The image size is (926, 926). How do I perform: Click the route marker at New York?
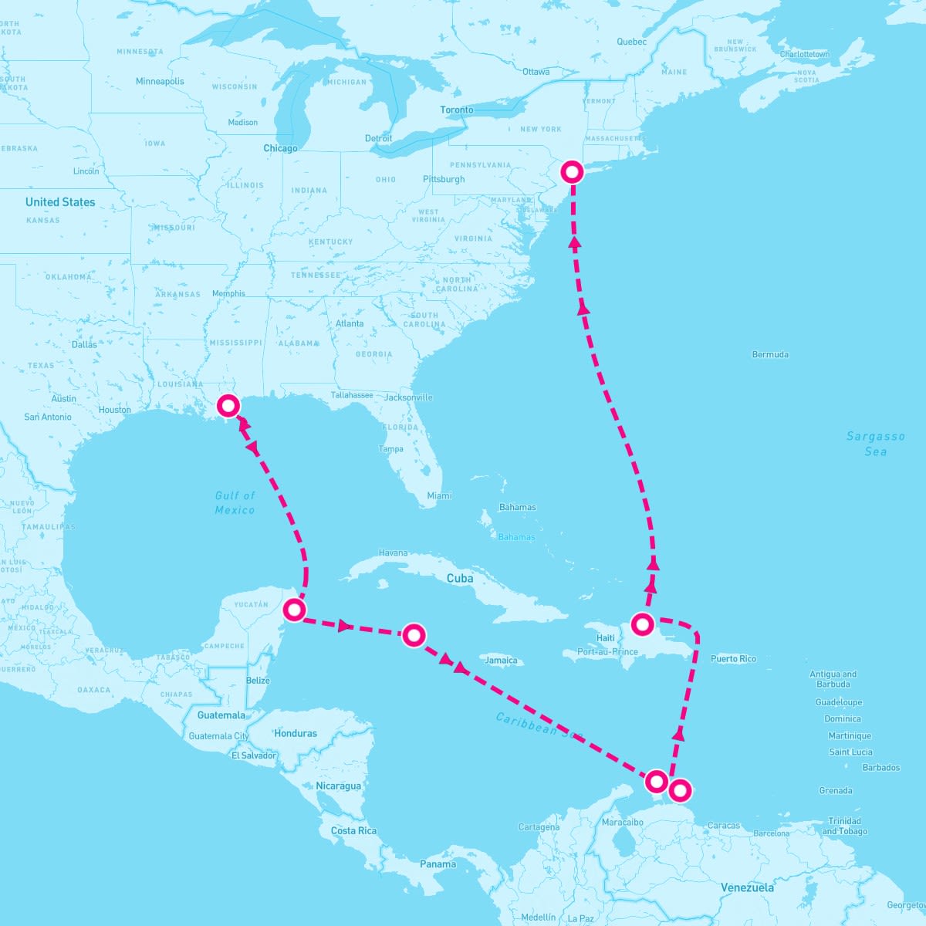572,171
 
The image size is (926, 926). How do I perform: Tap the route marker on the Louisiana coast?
228,405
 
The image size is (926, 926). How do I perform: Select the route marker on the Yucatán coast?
294,610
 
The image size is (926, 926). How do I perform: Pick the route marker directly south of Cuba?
414,635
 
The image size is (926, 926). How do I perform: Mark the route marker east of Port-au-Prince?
643,624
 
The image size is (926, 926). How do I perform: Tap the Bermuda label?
770,355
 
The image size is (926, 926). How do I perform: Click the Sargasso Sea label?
875,444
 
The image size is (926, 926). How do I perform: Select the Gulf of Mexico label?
235,502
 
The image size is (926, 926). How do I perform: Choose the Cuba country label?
460,578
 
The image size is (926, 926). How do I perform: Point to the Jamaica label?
501,661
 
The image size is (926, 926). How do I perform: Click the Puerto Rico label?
733,659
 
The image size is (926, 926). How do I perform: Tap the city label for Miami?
439,495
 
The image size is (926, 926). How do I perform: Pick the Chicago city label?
280,148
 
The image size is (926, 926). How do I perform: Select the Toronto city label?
456,110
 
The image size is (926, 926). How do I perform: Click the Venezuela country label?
747,887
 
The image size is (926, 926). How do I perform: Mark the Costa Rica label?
353,830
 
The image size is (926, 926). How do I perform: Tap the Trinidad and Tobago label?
844,826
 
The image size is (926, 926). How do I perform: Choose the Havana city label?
393,553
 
